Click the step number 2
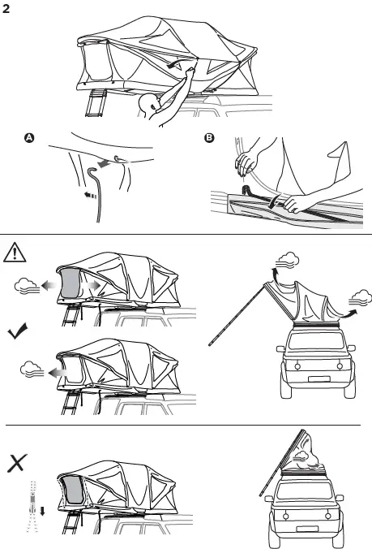tap(8, 9)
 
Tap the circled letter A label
tap(30, 139)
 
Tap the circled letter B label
tap(210, 139)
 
